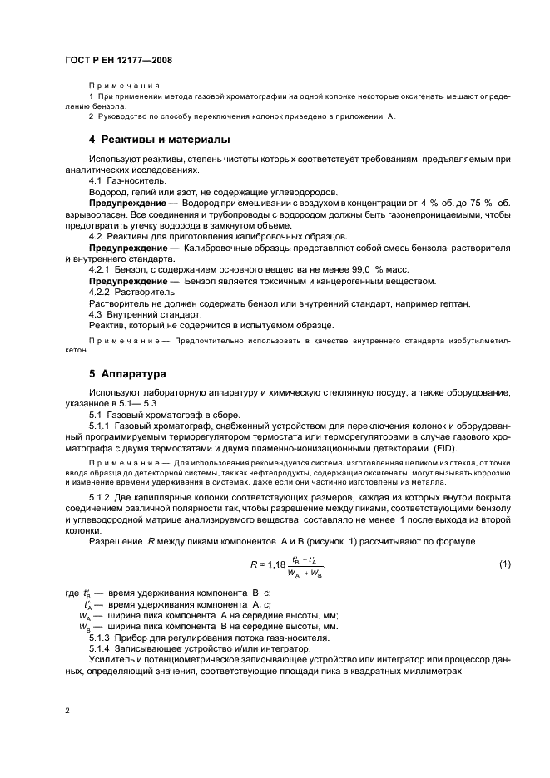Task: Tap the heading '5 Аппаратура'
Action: coord(121,373)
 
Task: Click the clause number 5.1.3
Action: coord(102,637)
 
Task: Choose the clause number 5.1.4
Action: coord(102,648)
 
